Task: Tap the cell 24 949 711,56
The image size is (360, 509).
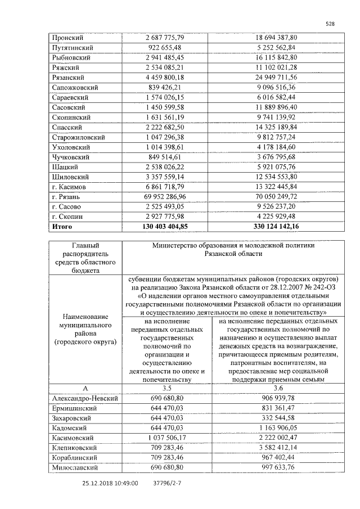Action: pyautogui.click(x=276, y=78)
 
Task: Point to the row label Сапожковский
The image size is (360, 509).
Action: pyautogui.click(x=75, y=88)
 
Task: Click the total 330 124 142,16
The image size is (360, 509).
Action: pyautogui.click(x=276, y=227)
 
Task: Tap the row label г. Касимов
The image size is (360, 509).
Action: pyautogui.click(x=69, y=186)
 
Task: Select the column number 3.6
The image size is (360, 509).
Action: pyautogui.click(x=276, y=388)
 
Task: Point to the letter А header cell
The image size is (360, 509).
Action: pyautogui.click(x=85, y=388)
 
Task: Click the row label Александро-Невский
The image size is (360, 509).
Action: pyautogui.click(x=84, y=398)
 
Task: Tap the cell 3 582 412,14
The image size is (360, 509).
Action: pyautogui.click(x=276, y=448)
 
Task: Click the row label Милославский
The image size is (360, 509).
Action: pyautogui.click(x=74, y=467)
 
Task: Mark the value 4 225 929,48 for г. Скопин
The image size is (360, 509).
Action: pyautogui.click(x=276, y=217)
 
